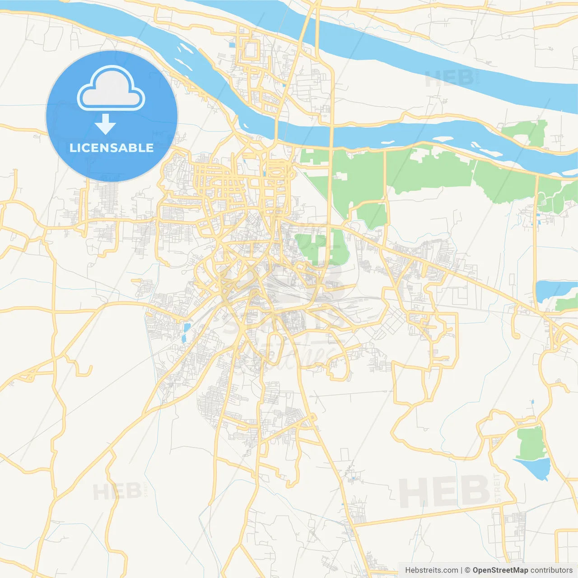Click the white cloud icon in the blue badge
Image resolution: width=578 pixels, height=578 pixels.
(111, 89)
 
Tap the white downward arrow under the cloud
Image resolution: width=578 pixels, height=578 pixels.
(105, 124)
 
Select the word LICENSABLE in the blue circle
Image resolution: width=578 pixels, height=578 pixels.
(112, 148)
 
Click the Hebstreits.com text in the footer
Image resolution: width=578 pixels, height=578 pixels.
(431, 570)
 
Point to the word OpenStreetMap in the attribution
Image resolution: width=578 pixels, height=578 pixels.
(500, 570)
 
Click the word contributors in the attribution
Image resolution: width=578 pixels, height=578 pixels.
(551, 570)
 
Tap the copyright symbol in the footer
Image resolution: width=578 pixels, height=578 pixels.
(468, 570)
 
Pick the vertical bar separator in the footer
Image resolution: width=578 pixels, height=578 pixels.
(461, 570)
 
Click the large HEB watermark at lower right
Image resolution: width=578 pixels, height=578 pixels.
(444, 492)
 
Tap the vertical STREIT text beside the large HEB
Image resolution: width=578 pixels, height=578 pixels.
(498, 488)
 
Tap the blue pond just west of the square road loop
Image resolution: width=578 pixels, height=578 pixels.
(232, 45)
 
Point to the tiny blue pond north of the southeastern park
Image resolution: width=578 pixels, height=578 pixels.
(532, 401)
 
